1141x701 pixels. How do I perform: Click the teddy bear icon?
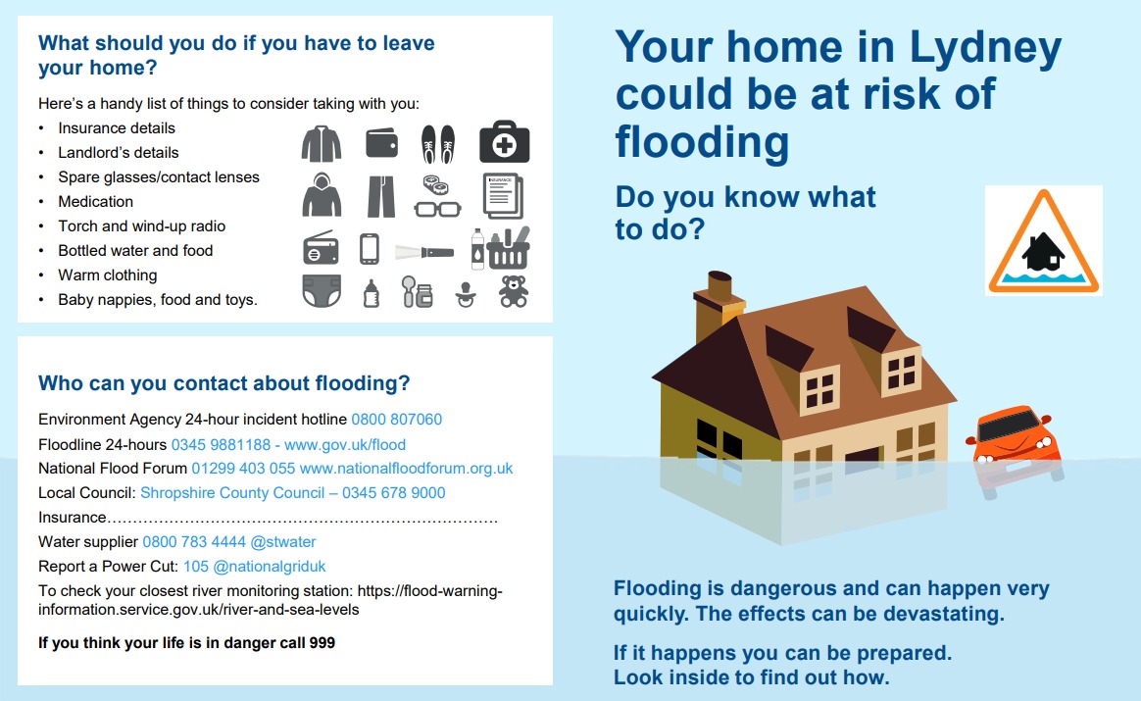(x=514, y=291)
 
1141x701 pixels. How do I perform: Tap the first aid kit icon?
(x=504, y=142)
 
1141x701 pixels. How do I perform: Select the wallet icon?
(x=381, y=143)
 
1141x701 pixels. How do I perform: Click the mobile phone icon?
(x=370, y=249)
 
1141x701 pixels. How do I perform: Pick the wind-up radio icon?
(x=321, y=248)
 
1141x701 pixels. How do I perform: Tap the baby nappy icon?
(x=322, y=291)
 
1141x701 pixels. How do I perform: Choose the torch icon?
(x=425, y=253)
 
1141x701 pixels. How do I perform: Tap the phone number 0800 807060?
(x=397, y=420)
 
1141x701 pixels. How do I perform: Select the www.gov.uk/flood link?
(x=345, y=444)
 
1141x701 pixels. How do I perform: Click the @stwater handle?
(x=283, y=541)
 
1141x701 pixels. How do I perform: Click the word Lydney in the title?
(x=986, y=49)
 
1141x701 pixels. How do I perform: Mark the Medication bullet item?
(x=95, y=202)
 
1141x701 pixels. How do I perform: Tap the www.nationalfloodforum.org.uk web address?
(x=406, y=468)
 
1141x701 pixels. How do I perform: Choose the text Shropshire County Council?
(x=232, y=493)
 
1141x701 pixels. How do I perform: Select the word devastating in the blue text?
(x=944, y=614)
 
